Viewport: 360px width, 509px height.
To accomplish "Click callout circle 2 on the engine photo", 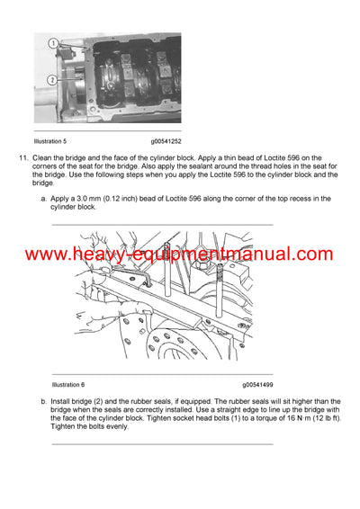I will click(52, 80).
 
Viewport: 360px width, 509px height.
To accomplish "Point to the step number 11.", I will click(24, 159).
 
